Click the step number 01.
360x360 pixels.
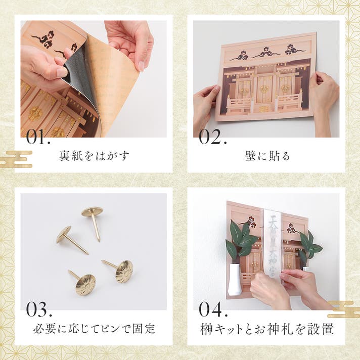pyautogui.click(x=38, y=137)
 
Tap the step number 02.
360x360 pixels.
pyautogui.click(x=213, y=137)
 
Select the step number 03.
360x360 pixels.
pyautogui.click(x=39, y=309)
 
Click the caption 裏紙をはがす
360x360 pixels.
pyautogui.click(x=94, y=156)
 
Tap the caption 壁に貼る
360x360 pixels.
pyautogui.click(x=267, y=156)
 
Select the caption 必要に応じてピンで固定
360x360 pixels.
pyautogui.click(x=94, y=329)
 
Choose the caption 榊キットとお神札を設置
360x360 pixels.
pyautogui.click(x=267, y=329)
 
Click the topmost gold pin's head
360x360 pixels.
pyautogui.click(x=92, y=211)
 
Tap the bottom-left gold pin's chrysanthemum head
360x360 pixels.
pyautogui.click(x=85, y=285)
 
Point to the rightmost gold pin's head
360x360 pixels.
pyautogui.click(x=124, y=272)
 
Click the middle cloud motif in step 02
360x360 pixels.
pyautogui.click(x=266, y=53)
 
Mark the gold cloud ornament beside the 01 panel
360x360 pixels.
pyautogui.click(x=16, y=159)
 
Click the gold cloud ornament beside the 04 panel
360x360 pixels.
pyautogui.click(x=344, y=309)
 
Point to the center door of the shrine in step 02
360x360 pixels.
pyautogui.click(x=264, y=90)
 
